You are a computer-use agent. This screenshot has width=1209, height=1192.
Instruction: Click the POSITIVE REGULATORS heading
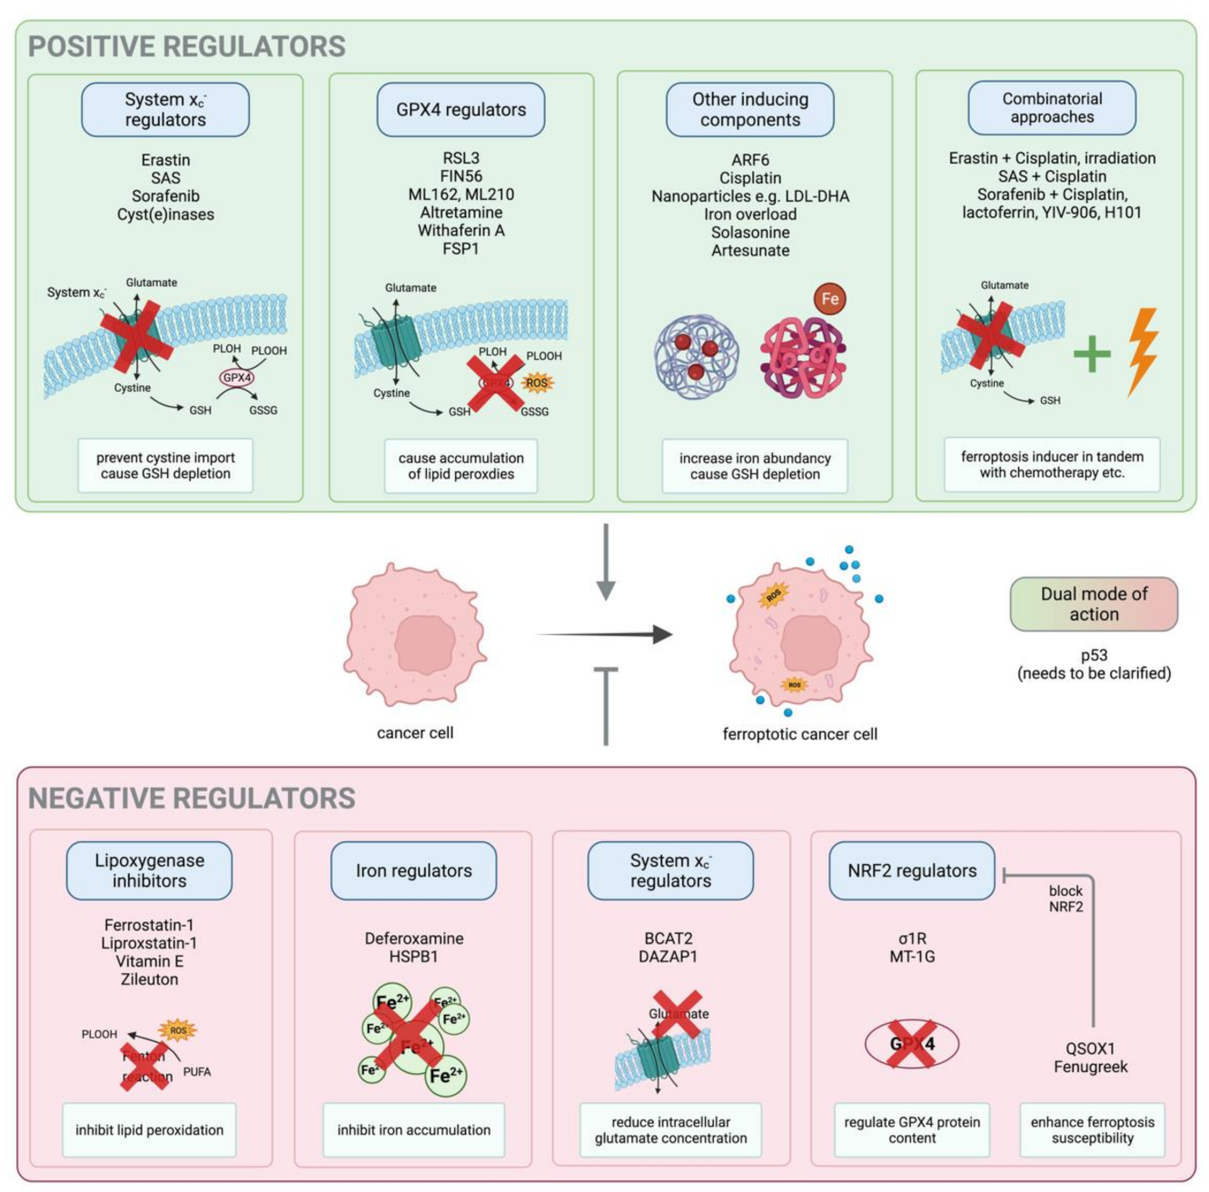[186, 46]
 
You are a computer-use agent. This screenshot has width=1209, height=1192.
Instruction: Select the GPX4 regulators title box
[461, 110]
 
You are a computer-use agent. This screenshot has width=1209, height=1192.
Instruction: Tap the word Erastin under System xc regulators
[165, 160]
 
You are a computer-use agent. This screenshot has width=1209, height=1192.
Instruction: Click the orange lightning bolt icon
[1143, 352]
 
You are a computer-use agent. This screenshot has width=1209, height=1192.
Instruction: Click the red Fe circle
[829, 299]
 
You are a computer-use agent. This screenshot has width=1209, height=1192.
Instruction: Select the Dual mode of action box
[1094, 604]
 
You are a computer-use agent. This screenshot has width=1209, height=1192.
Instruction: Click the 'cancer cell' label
[415, 732]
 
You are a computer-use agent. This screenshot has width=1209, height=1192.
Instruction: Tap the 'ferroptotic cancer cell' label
[799, 734]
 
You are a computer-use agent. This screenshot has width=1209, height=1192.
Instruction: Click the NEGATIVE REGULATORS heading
[192, 798]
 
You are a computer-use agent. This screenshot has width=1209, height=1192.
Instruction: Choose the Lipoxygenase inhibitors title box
[149, 870]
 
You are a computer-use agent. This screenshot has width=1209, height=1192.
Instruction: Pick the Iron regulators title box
[413, 870]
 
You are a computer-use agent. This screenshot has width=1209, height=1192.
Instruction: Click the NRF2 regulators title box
[912, 870]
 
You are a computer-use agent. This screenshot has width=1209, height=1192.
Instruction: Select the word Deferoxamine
[414, 939]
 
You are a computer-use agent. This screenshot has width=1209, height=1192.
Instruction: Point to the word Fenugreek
[1090, 1067]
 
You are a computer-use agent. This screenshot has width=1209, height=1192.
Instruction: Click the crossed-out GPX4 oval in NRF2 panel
[912, 1043]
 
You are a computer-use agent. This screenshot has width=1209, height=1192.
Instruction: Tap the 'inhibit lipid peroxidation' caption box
[149, 1130]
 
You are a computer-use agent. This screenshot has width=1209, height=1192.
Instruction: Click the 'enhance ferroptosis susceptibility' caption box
[1092, 1130]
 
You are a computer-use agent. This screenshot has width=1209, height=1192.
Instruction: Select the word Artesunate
[750, 251]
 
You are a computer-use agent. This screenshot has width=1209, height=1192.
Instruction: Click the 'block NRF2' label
[1065, 899]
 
